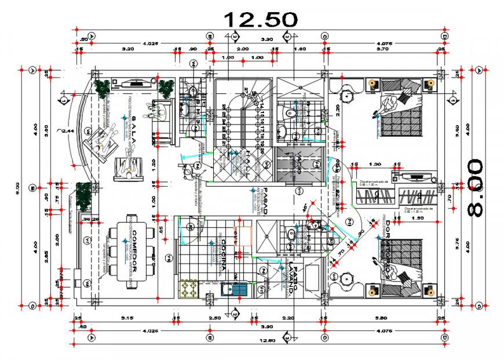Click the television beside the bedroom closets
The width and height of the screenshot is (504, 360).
point(415,173)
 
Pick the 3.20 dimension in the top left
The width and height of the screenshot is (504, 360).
point(128,50)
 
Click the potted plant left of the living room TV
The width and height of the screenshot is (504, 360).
point(103,88)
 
